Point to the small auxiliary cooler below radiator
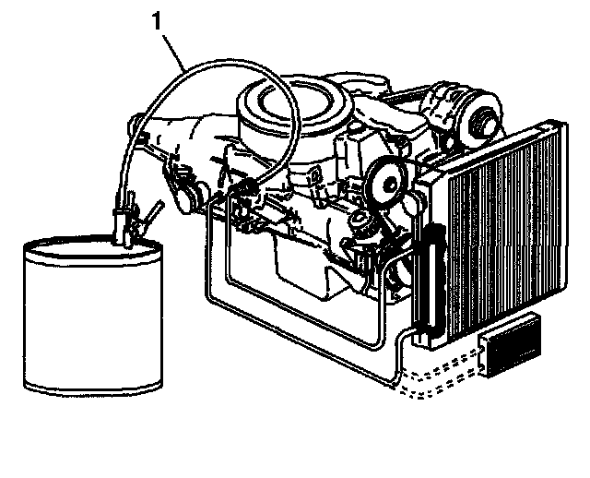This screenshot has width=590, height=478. pos(511,346)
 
